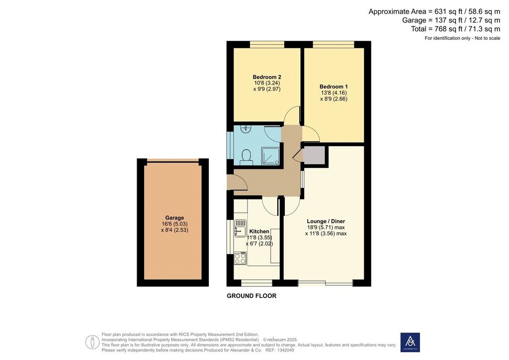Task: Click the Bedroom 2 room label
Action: click(267, 77)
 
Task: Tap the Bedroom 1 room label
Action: click(334, 87)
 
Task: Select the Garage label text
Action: click(174, 218)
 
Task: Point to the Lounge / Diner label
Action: click(326, 221)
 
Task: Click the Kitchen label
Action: click(259, 231)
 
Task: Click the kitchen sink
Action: click(240, 228)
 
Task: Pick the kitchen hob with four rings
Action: click(240, 259)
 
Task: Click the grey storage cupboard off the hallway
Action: click(314, 155)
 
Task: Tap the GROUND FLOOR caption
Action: click(252, 296)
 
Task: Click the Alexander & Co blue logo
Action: click(410, 342)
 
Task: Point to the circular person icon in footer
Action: click(92, 342)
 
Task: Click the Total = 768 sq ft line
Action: click(455, 29)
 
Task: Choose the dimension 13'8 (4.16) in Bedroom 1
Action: click(334, 93)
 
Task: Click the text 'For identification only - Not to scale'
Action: click(463, 38)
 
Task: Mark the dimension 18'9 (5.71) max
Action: click(326, 228)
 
